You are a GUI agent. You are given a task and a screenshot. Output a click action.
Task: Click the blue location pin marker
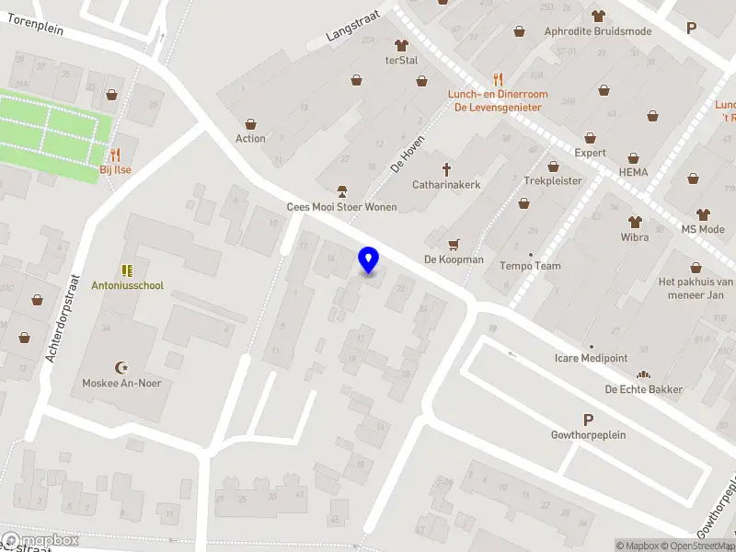pos(369,260)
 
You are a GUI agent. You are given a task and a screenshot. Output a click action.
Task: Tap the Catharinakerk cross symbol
pos(447,169)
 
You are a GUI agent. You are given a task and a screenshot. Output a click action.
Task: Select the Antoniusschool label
pos(127,285)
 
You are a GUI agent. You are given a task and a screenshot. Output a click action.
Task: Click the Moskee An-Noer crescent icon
pos(120,367)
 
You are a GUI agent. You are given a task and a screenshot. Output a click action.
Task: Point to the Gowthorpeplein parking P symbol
pos(588,420)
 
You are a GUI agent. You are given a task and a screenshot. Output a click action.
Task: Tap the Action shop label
pos(250,139)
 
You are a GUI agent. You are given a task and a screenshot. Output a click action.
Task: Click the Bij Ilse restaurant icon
pos(116,155)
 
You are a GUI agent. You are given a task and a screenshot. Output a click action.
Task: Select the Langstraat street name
pos(351,33)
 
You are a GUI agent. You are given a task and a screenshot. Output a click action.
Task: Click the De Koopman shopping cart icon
pos(453,245)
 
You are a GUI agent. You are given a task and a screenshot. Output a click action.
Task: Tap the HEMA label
pos(633,172)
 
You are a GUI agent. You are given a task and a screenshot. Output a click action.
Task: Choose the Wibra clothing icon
pos(634,222)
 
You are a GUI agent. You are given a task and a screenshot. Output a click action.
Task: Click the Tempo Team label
pos(530,266)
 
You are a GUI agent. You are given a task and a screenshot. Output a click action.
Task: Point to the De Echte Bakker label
pos(643,389)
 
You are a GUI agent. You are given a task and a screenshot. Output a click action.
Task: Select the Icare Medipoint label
pos(592,358)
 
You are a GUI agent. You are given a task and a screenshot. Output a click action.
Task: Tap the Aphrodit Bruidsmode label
pos(597,31)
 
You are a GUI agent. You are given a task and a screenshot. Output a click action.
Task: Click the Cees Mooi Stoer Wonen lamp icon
pos(341,191)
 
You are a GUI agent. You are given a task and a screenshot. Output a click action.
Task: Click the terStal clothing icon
pos(401,45)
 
